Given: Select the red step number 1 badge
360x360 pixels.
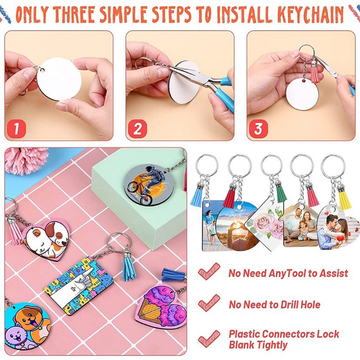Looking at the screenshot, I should click(x=16, y=129).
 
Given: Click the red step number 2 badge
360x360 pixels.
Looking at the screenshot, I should click(x=137, y=129).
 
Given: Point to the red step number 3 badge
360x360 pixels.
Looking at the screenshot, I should click(x=258, y=129).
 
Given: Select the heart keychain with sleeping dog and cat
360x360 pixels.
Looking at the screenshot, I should click(x=45, y=238).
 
